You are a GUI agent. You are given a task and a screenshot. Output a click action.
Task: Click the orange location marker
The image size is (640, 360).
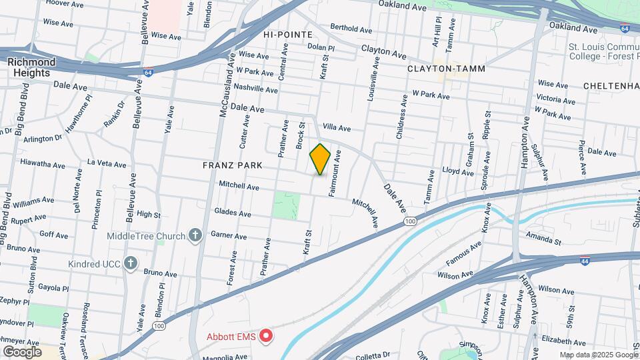(x=320, y=159)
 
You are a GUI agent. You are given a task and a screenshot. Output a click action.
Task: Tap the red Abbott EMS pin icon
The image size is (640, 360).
(x=267, y=335)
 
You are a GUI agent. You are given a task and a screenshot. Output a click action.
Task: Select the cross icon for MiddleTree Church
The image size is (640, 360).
(x=195, y=235)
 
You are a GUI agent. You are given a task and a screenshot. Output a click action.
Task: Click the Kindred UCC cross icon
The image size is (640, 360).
(x=130, y=263)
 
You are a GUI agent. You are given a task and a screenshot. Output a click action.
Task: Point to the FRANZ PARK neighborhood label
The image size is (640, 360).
(x=231, y=165)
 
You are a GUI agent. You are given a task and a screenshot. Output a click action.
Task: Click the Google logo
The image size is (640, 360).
(x=21, y=351)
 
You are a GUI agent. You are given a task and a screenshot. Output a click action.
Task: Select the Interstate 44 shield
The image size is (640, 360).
(x=584, y=260)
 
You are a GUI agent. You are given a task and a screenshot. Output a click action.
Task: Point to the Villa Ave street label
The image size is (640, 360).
(x=337, y=127)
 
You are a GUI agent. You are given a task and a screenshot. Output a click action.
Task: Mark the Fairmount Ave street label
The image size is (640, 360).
(x=334, y=173)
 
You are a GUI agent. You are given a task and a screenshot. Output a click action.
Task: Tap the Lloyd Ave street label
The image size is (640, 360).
(x=458, y=171)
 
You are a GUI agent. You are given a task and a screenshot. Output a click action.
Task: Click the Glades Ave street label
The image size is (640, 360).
(x=233, y=213)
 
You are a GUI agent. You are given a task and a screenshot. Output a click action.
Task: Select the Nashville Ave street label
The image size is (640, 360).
(x=256, y=89)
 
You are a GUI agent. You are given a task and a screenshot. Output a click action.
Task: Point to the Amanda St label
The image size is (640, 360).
(x=539, y=238)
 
